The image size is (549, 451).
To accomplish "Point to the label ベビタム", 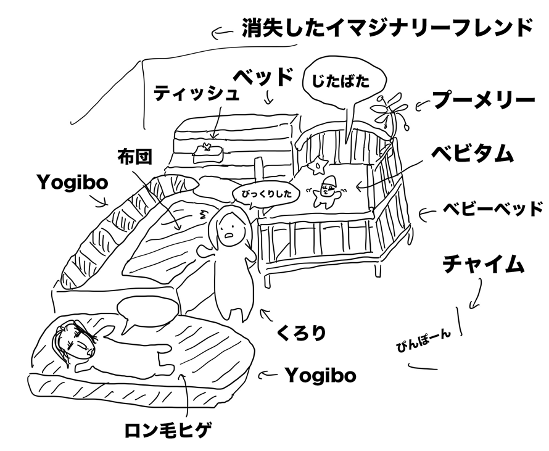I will tap(473, 153).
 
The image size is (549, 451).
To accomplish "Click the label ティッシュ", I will tap(196, 94).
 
